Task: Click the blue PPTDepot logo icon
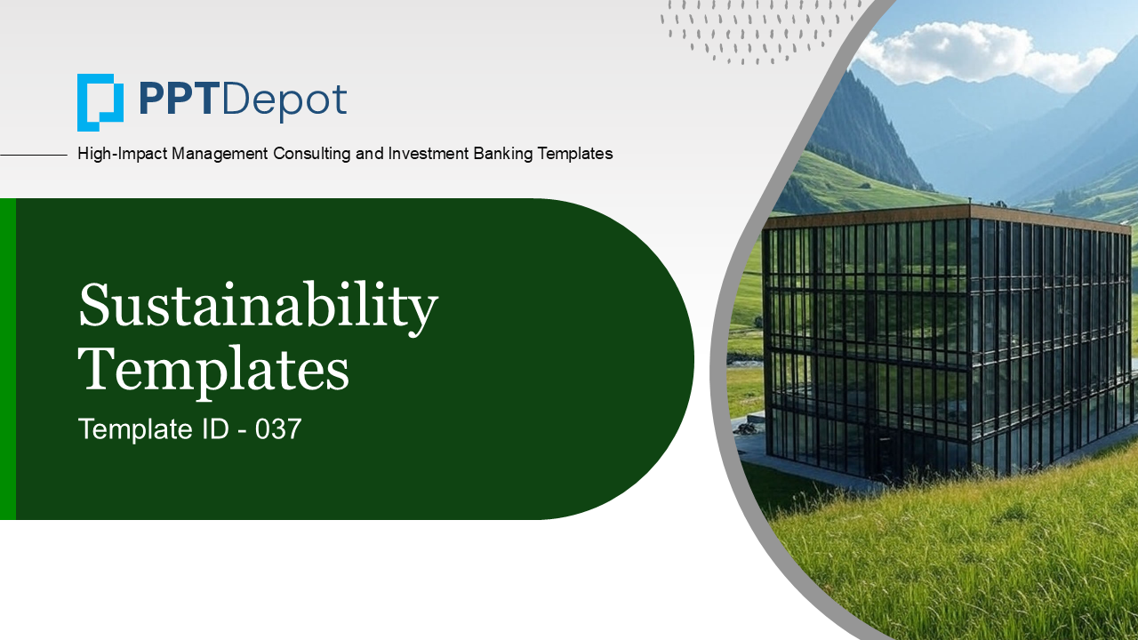100,102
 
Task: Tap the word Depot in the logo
284,101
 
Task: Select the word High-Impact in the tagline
122,154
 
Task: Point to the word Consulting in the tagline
312,154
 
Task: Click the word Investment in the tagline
429,153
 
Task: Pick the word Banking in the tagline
503,154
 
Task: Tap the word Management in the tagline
220,154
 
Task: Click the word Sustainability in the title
258,307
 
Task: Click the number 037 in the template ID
278,429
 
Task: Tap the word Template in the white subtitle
136,429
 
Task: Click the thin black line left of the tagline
34,155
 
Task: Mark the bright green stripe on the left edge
8,358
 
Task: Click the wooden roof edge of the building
945,214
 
